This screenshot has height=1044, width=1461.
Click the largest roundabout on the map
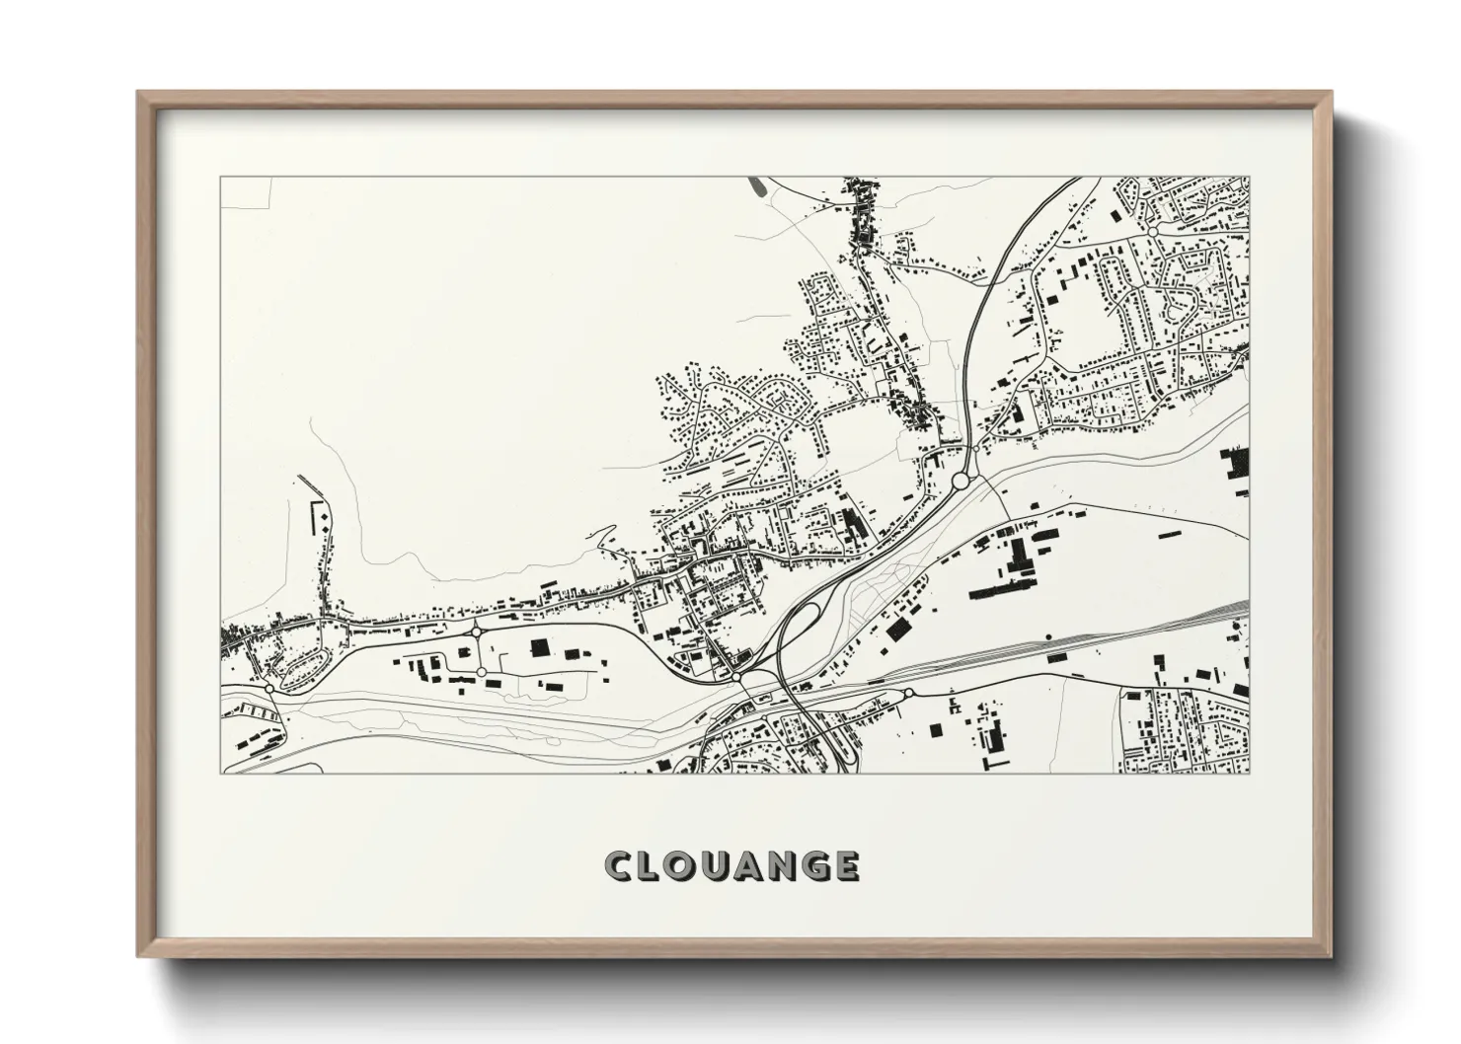(x=961, y=481)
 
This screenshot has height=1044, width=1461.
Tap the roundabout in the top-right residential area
(x=1152, y=230)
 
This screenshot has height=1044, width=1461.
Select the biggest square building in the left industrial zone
(x=540, y=647)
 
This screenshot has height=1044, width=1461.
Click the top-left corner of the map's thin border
(x=220, y=178)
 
